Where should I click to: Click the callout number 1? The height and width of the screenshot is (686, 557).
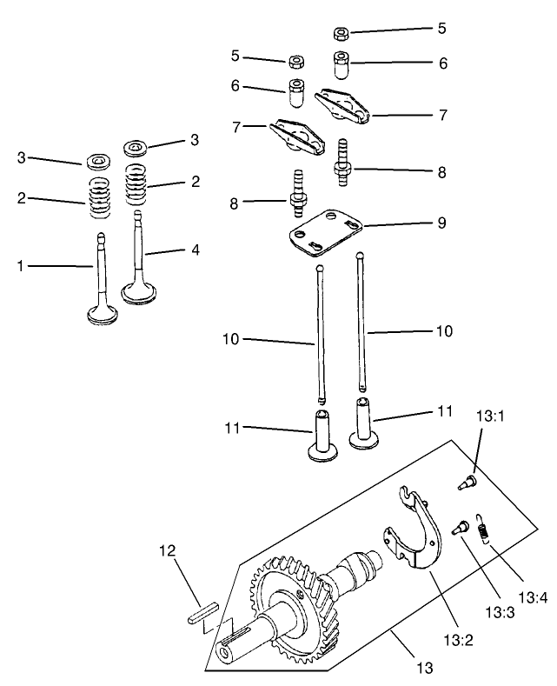pyautogui.click(x=20, y=265)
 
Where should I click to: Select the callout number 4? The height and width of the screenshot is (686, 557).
pyautogui.click(x=195, y=250)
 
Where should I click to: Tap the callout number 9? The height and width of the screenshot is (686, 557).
pyautogui.click(x=443, y=223)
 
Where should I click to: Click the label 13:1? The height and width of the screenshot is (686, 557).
pyautogui.click(x=490, y=417)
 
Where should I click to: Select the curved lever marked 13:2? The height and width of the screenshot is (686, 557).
pyautogui.click(x=415, y=539)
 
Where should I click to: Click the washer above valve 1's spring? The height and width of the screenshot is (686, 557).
pyautogui.click(x=96, y=163)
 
